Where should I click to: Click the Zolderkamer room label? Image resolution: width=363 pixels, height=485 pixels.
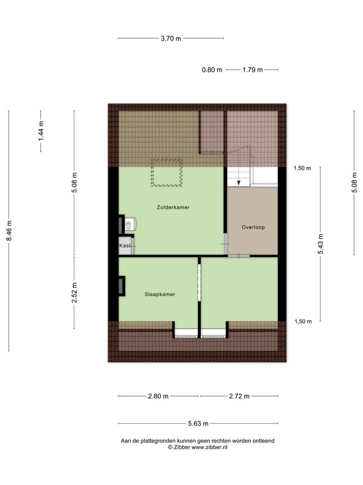pos(173,207)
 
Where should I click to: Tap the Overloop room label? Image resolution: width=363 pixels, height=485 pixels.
pos(253,227)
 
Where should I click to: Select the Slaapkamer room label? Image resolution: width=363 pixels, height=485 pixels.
pos(160,294)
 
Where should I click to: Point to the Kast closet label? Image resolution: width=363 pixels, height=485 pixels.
pos(125,246)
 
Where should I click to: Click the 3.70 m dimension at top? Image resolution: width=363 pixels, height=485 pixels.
pos(171,39)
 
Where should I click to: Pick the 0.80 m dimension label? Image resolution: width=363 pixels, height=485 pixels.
pos(212,70)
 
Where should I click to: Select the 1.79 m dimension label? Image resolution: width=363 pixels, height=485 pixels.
pos(252,70)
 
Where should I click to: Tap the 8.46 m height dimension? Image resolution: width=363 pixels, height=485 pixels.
pos(9,231)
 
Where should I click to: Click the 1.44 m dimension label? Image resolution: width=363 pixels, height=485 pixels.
pos(41,131)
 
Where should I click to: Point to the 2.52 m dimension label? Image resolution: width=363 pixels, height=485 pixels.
pos(74,293)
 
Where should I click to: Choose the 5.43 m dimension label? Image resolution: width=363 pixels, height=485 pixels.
pos(321,244)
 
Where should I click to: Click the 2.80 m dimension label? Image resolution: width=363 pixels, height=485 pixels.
pos(158,396)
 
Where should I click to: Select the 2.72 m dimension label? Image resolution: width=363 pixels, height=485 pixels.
pos(239,396)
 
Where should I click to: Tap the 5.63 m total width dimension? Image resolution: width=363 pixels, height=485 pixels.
pos(198,423)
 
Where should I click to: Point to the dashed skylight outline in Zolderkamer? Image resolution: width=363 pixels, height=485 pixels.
pos(166,159)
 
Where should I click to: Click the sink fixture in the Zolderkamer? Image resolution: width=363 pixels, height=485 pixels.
pos(130,224)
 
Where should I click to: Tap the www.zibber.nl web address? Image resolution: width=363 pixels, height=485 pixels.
pos(209,447)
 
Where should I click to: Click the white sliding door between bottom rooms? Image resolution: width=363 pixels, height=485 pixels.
pos(200,283)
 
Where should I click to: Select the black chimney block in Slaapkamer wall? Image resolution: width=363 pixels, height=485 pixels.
pos(122,286)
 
